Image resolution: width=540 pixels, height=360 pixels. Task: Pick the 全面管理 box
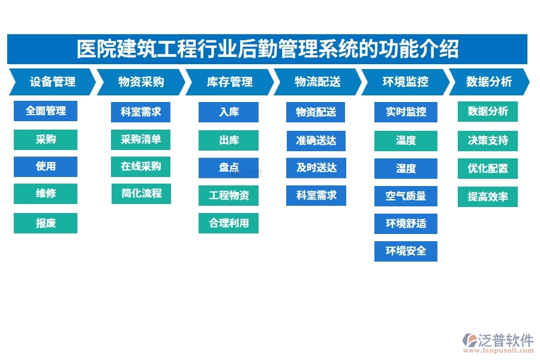46,112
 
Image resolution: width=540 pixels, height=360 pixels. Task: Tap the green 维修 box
46,194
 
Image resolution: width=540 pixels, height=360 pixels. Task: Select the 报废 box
46,223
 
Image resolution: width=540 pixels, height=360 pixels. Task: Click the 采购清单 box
141,140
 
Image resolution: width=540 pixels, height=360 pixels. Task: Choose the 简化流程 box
141,194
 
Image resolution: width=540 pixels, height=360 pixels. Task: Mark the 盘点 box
229,168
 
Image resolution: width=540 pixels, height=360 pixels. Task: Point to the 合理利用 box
229,223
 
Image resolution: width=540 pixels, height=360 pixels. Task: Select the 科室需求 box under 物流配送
316,196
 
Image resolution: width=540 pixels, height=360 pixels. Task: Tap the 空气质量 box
406,196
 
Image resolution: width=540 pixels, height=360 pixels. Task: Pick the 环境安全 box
406,251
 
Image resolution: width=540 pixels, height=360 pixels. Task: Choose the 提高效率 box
487,197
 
